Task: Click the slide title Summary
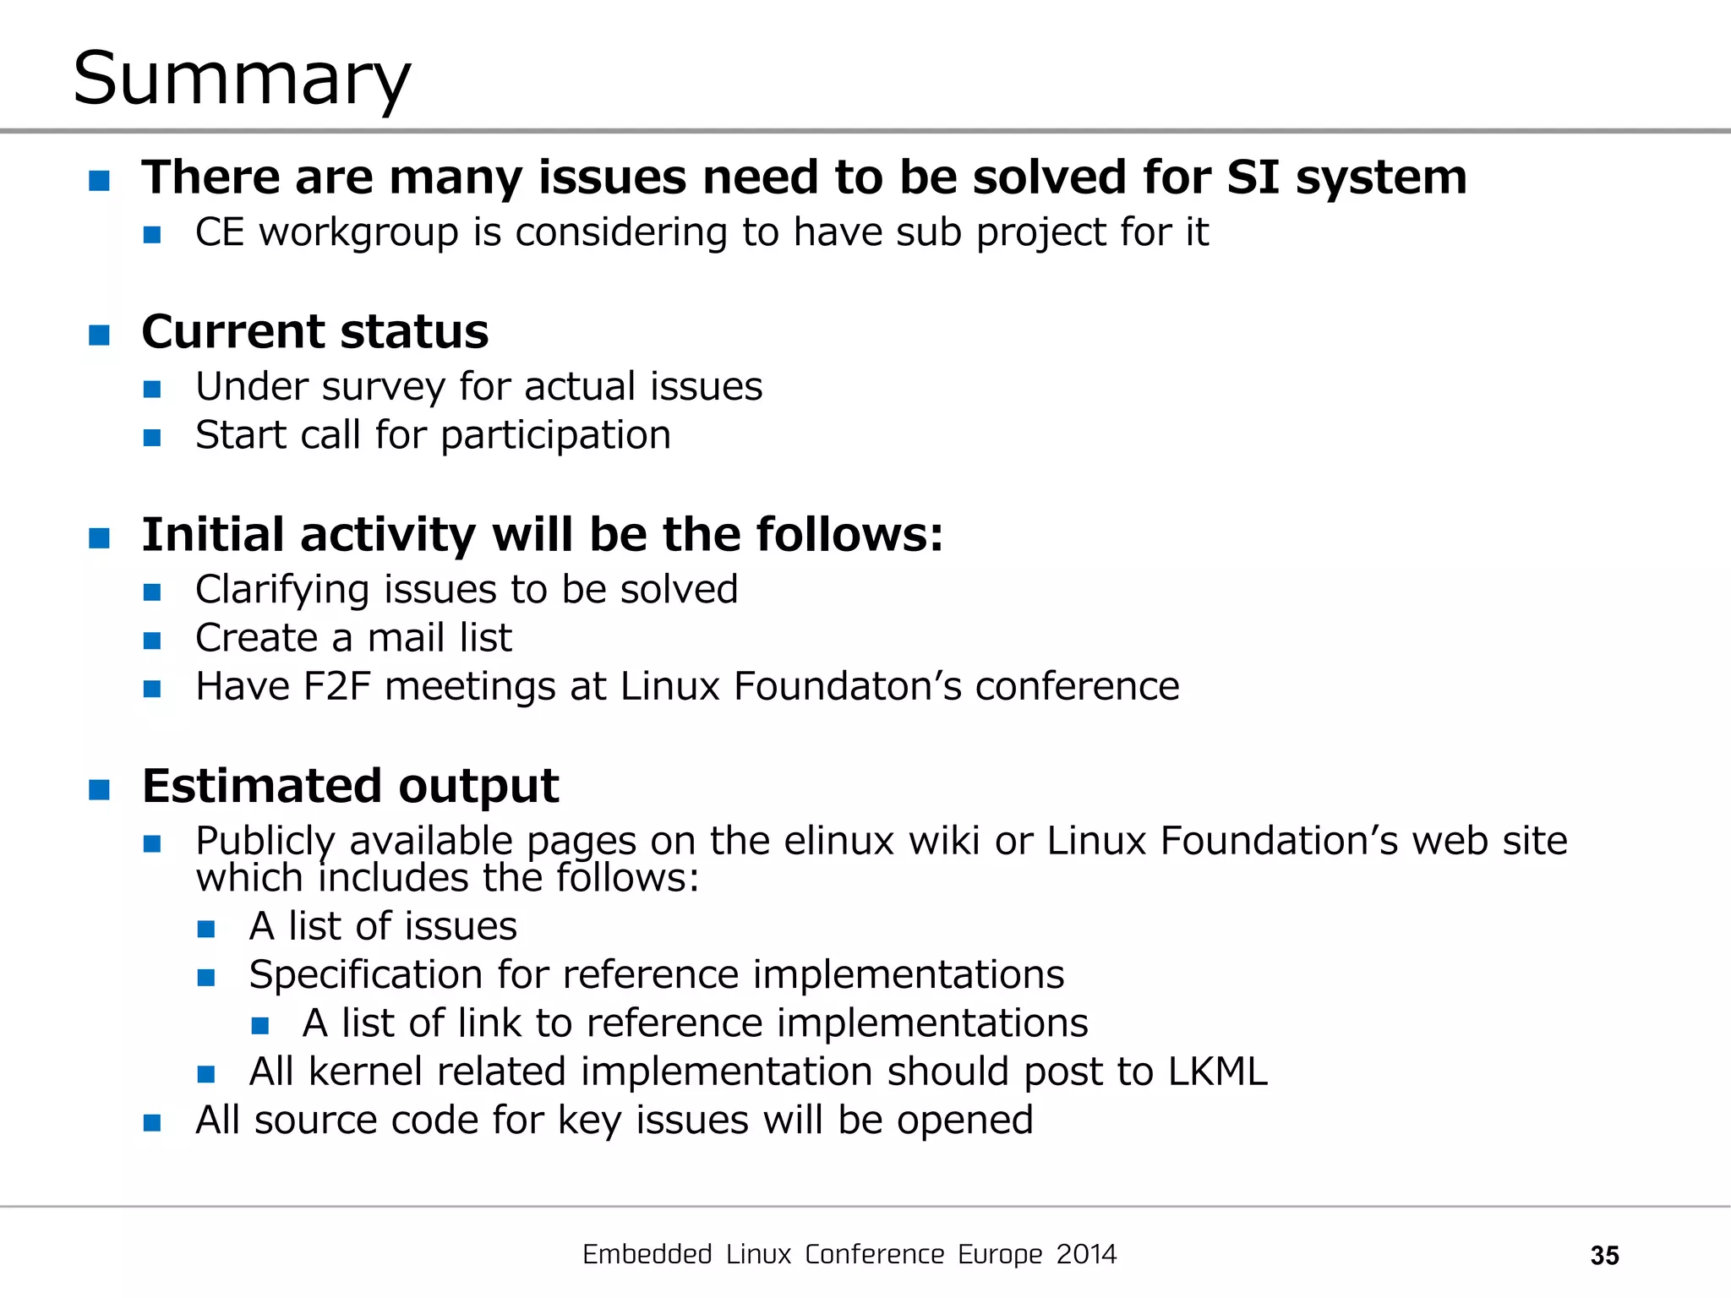tap(242, 79)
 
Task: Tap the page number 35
tap(1604, 1255)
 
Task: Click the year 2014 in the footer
tap(1086, 1254)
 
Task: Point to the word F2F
tap(336, 686)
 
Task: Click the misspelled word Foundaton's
tap(848, 686)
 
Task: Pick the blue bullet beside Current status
tap(100, 335)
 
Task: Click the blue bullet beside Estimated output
tap(100, 789)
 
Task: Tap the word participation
tap(555, 436)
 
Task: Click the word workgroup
tap(358, 232)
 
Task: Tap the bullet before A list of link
tap(260, 1026)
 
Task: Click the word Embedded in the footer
tap(647, 1254)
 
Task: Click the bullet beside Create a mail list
tap(152, 641)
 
